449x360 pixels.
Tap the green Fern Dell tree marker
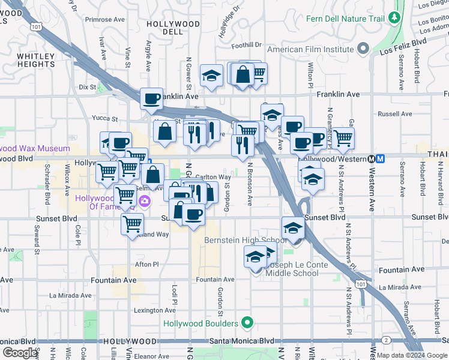(394, 18)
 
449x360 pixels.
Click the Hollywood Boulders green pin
(246, 323)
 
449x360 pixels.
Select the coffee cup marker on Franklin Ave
(151, 98)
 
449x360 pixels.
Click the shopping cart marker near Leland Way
(132, 224)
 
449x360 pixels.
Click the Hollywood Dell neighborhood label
(173, 28)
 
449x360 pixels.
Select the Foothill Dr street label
(248, 44)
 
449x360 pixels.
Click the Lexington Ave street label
(154, 310)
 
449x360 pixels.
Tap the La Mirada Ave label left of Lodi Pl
(70, 295)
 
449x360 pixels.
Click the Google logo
(20, 353)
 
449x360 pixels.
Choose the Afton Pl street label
(146, 264)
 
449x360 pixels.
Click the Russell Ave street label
(394, 113)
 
